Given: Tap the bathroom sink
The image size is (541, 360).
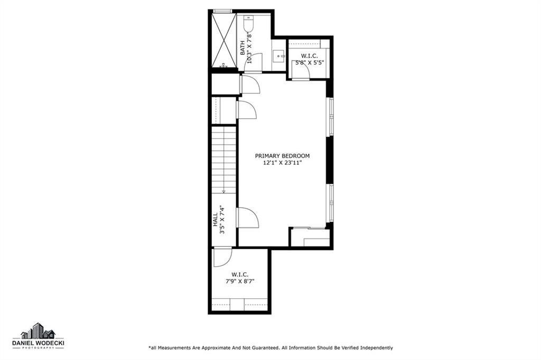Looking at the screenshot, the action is pyautogui.click(x=278, y=56).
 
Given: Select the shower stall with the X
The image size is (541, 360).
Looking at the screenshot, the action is pyautogui.click(x=223, y=40).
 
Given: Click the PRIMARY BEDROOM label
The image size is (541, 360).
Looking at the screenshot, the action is pyautogui.click(x=282, y=156).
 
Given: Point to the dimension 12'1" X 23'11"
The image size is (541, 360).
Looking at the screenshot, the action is pyautogui.click(x=282, y=163).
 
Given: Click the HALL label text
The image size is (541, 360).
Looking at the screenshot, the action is pyautogui.click(x=216, y=219).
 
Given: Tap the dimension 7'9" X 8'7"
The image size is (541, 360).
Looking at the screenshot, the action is pyautogui.click(x=240, y=281).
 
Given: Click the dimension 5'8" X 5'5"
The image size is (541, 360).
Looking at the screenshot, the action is pyautogui.click(x=310, y=63).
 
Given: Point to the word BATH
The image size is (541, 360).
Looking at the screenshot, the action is pyautogui.click(x=242, y=48).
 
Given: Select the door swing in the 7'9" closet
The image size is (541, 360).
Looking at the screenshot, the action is pyautogui.click(x=222, y=258).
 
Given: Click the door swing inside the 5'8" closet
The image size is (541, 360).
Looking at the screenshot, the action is pyautogui.click(x=301, y=71).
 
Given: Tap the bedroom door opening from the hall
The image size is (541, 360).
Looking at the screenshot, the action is pyautogui.click(x=248, y=217).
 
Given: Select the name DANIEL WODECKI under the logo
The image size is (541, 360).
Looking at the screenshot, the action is pyautogui.click(x=38, y=343).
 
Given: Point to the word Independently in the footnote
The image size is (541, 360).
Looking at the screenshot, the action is pyautogui.click(x=377, y=348).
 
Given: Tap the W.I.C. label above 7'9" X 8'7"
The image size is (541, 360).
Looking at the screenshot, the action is pyautogui.click(x=240, y=274).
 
